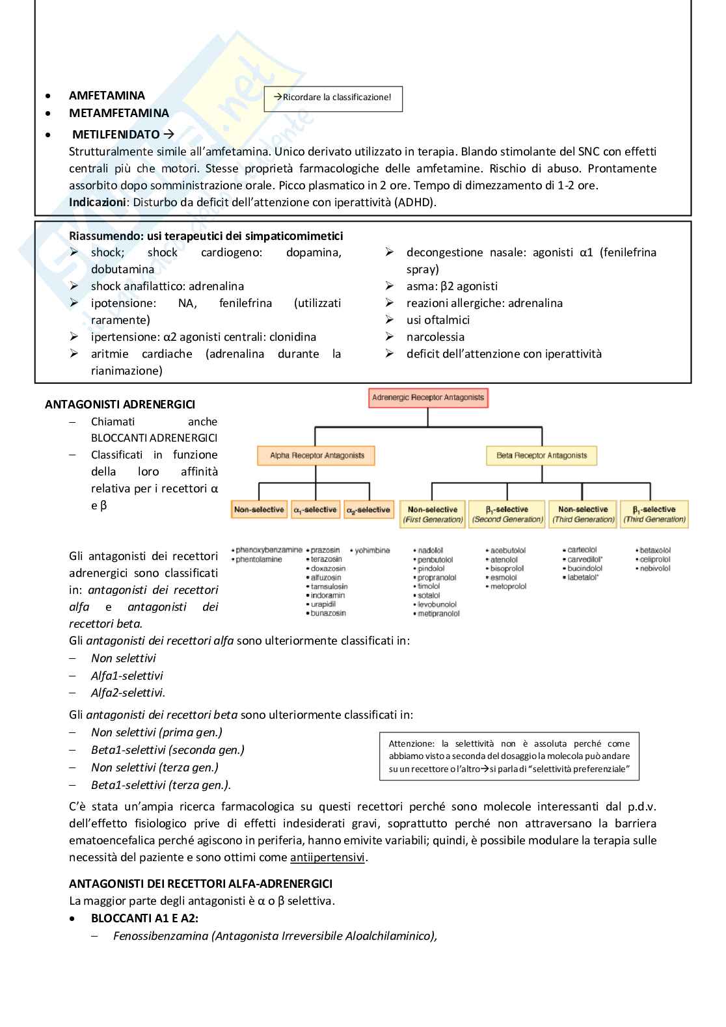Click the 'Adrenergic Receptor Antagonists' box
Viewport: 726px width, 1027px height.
428,397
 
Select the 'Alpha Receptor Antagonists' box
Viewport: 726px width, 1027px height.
317,455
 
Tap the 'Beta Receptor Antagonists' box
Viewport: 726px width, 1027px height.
541,455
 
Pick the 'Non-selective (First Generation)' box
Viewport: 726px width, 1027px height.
433,514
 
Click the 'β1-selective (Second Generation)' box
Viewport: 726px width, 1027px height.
507,514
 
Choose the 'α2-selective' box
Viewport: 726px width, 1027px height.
369,510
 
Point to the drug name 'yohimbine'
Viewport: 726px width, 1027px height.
372,550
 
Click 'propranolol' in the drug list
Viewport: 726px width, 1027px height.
437,578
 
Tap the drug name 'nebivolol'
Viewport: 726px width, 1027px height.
654,568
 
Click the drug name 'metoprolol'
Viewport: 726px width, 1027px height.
508,587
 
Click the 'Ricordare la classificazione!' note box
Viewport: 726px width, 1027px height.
333,98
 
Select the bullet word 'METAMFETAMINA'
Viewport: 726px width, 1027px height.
119,113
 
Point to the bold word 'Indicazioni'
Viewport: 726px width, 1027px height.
98,202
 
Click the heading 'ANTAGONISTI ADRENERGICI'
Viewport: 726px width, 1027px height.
120,405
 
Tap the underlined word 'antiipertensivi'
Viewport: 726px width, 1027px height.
327,857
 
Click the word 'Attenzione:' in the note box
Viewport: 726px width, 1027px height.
411,743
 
